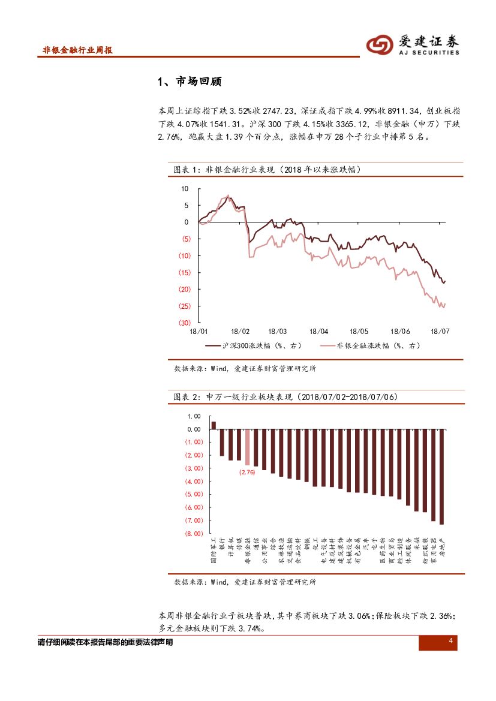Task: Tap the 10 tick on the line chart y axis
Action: [x=185, y=189]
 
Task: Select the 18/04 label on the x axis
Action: [x=318, y=331]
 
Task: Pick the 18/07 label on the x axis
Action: [x=441, y=331]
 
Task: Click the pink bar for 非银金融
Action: [x=247, y=447]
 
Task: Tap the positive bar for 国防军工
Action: [x=213, y=425]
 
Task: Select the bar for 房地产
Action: [x=441, y=477]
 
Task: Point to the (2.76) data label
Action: [x=247, y=473]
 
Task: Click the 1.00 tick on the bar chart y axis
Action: [x=194, y=416]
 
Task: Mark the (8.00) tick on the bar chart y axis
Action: [x=193, y=534]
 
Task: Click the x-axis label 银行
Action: [x=222, y=543]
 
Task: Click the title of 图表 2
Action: [x=285, y=397]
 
